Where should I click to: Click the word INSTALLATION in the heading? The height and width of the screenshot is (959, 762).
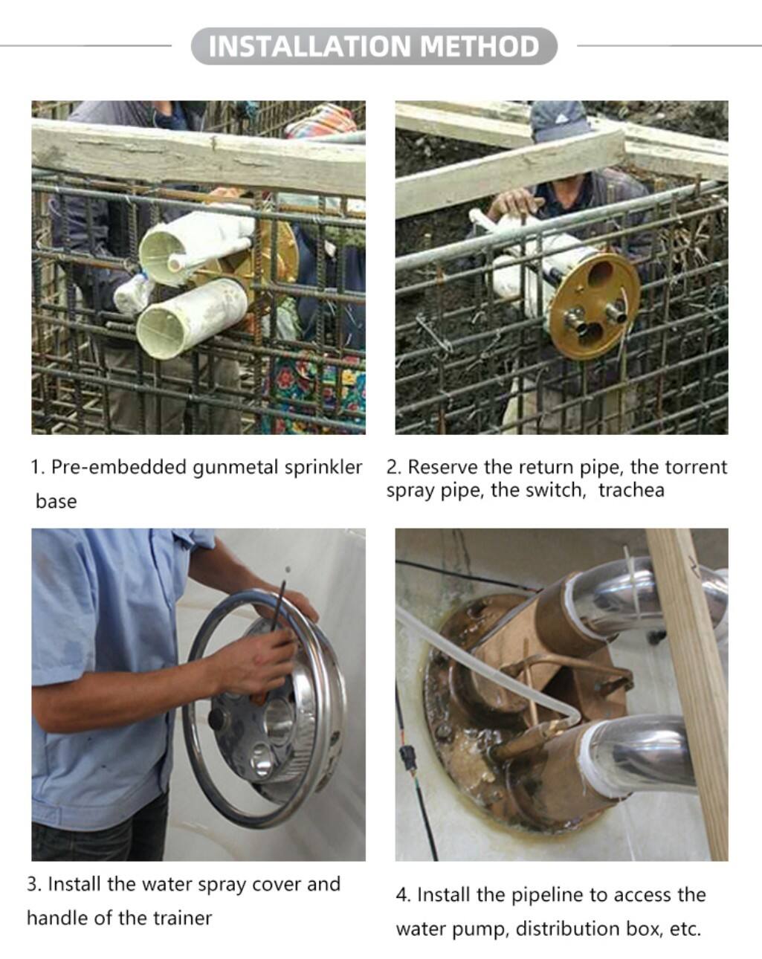tap(309, 46)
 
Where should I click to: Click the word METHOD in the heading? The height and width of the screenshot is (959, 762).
tap(480, 46)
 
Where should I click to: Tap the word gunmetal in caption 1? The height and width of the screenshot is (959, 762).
tap(236, 468)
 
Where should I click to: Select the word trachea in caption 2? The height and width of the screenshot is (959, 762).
tap(631, 491)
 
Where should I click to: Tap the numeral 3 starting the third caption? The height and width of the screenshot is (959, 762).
tap(33, 884)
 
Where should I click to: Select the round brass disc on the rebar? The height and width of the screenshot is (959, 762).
tap(594, 304)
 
